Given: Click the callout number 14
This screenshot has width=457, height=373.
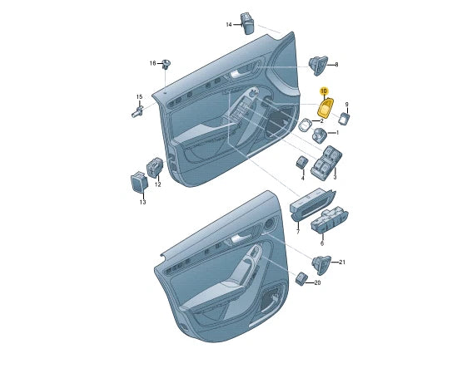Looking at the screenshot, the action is (x=229, y=25).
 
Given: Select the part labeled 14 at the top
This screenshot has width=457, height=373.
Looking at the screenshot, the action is (x=247, y=23).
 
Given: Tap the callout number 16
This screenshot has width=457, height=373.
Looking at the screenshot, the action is (x=152, y=63).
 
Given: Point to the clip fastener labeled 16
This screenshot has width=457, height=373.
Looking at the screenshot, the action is (x=166, y=64).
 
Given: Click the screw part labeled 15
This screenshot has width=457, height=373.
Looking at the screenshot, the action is (x=137, y=111).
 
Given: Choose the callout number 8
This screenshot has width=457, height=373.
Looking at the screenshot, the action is (x=336, y=65).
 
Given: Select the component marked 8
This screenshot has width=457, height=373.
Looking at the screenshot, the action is (x=318, y=66).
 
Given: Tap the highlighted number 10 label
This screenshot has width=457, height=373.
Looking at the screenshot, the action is (x=324, y=91).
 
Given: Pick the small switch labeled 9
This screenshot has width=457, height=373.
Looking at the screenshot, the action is (x=345, y=119).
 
